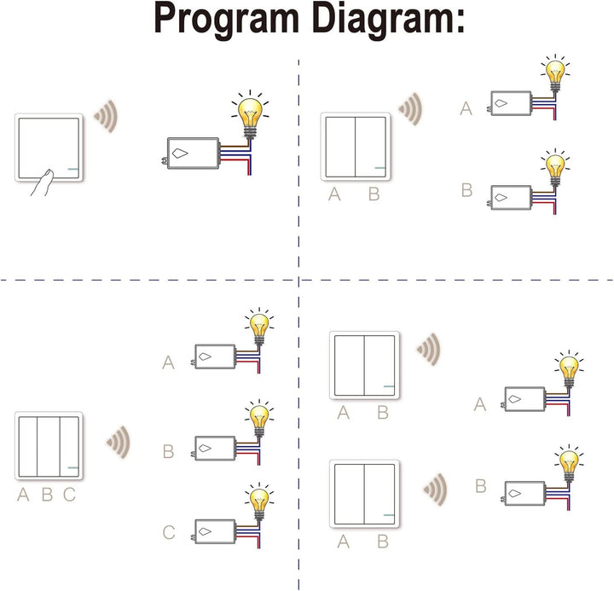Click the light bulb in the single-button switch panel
(250, 116)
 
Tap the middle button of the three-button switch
(48, 446)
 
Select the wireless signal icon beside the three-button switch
(119, 441)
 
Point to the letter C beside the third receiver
(168, 534)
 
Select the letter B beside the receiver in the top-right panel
(466, 190)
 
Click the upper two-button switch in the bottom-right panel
(364, 365)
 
